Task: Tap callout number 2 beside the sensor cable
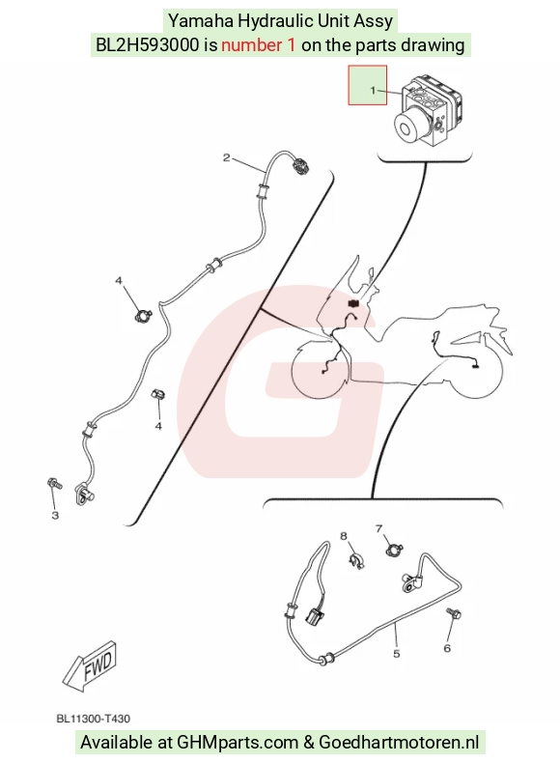(226, 157)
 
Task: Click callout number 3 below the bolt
(55, 515)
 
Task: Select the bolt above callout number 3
(54, 484)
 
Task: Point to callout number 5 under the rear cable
(396, 654)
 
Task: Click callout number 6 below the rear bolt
(447, 648)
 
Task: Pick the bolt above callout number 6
(454, 613)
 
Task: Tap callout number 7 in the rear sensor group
(379, 528)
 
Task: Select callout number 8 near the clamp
(344, 536)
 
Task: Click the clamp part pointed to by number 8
(357, 560)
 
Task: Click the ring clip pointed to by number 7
(394, 551)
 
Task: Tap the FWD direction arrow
(91, 665)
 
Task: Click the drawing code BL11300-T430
(94, 719)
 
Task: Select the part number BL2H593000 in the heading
(148, 45)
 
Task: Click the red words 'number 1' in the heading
(259, 45)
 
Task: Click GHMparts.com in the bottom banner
(238, 743)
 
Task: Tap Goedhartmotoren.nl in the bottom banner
(399, 742)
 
